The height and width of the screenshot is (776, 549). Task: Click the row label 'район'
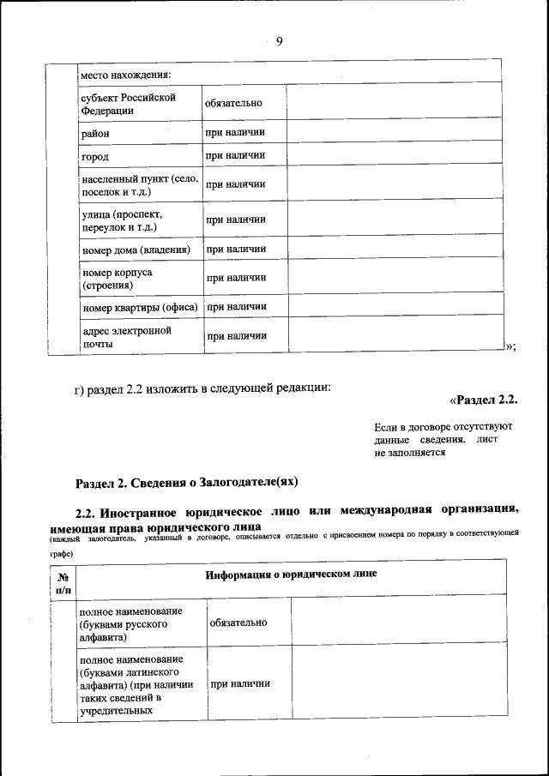95,134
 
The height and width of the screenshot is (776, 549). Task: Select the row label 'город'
94,158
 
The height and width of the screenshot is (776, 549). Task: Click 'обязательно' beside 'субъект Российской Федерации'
233,104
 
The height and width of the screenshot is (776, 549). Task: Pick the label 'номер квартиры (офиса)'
140,307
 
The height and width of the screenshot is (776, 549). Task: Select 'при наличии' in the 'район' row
235,133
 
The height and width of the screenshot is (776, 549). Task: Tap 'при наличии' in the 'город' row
235,156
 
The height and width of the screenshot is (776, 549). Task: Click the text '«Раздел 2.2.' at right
484,400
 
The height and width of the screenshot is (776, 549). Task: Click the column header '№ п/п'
63,584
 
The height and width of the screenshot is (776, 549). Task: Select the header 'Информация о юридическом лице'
291,574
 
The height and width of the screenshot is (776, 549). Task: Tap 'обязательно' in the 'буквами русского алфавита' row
238,623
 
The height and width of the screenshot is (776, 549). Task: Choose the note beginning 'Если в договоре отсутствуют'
443,438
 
